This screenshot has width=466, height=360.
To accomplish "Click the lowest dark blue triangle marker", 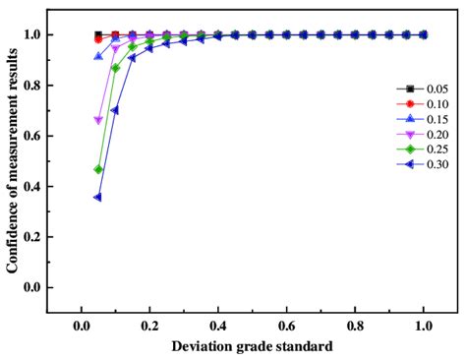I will [x=97, y=197].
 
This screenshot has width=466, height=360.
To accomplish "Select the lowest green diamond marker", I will [x=97, y=169].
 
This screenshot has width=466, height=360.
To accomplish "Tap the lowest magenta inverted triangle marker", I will [x=97, y=120].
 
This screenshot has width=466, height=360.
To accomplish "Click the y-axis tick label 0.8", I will [x=32, y=86].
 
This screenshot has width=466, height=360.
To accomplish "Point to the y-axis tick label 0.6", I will [x=32, y=136].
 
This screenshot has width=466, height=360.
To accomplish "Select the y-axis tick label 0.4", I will [x=32, y=186].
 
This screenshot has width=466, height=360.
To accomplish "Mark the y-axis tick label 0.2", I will [x=32, y=236].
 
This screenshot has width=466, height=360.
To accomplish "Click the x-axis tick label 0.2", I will [x=149, y=326].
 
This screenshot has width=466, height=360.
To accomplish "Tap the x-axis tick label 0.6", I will [x=286, y=326].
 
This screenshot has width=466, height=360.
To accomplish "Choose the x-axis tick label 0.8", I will [x=355, y=326].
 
